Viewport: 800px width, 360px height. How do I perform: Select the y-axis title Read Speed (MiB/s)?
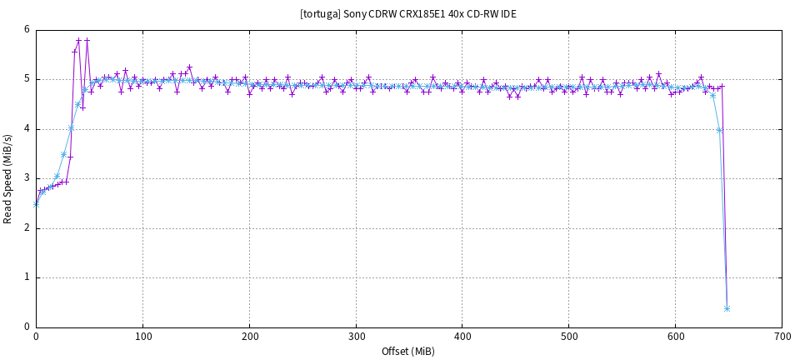(x=8, y=178)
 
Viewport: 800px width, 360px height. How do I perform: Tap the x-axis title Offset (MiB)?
(x=408, y=351)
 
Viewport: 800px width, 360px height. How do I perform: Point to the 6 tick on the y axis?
(x=27, y=30)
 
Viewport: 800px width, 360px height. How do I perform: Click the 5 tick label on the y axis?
(x=27, y=79)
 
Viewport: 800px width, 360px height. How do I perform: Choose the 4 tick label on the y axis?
(x=27, y=129)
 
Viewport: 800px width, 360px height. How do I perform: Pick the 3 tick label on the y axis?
(x=27, y=178)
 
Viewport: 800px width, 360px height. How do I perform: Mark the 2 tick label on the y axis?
(x=27, y=228)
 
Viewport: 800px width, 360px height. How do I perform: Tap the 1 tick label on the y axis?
(x=27, y=277)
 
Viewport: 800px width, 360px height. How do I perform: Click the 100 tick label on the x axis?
(x=142, y=337)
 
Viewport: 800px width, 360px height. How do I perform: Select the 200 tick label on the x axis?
(x=249, y=337)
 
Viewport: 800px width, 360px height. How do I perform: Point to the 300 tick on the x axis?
(x=356, y=337)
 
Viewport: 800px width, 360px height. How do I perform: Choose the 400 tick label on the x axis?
(x=462, y=337)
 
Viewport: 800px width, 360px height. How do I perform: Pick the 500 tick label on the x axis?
(x=569, y=337)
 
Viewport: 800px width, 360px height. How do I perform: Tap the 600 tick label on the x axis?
(x=676, y=337)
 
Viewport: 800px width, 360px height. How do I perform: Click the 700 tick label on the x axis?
(x=782, y=337)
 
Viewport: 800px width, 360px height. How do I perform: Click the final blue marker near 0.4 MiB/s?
(x=727, y=308)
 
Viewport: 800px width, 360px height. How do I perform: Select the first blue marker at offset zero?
(x=36, y=203)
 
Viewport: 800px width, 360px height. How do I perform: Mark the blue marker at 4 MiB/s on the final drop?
(x=719, y=130)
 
